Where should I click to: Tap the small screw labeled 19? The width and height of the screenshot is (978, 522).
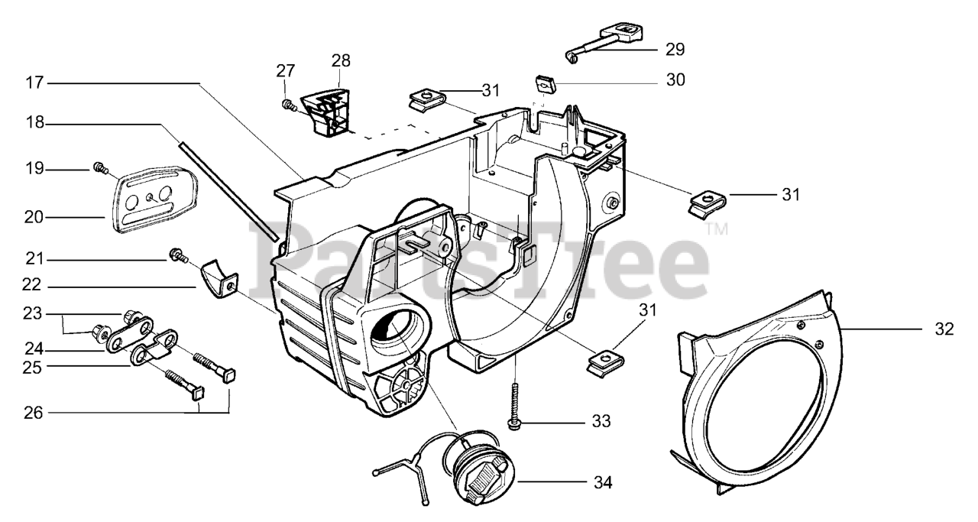(99, 167)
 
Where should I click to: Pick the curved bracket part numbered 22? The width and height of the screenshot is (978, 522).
(219, 279)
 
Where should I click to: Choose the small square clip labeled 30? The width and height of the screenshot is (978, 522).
(544, 83)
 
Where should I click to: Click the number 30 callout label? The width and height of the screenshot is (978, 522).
(675, 79)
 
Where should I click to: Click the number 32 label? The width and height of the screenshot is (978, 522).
(944, 329)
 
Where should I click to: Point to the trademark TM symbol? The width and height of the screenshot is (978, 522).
(716, 229)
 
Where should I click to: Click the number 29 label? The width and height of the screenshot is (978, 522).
(675, 50)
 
